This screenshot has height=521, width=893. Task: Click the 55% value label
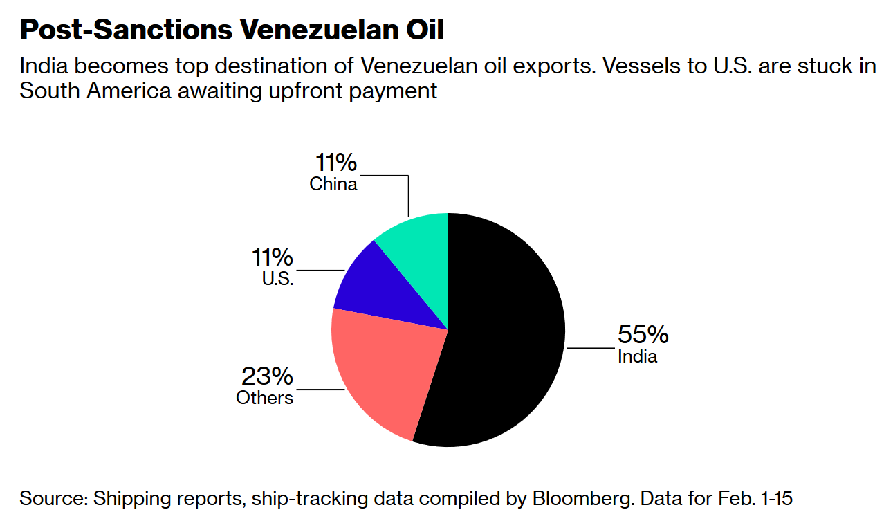pos(643,335)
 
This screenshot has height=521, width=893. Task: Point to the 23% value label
pos(267,377)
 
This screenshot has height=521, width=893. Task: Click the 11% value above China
pos(336,163)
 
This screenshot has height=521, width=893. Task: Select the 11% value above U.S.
pos(272,258)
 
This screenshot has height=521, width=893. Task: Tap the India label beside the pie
pos(637,357)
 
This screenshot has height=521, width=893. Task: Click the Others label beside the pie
pos(264,398)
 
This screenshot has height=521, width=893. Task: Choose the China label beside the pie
pos(333,184)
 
